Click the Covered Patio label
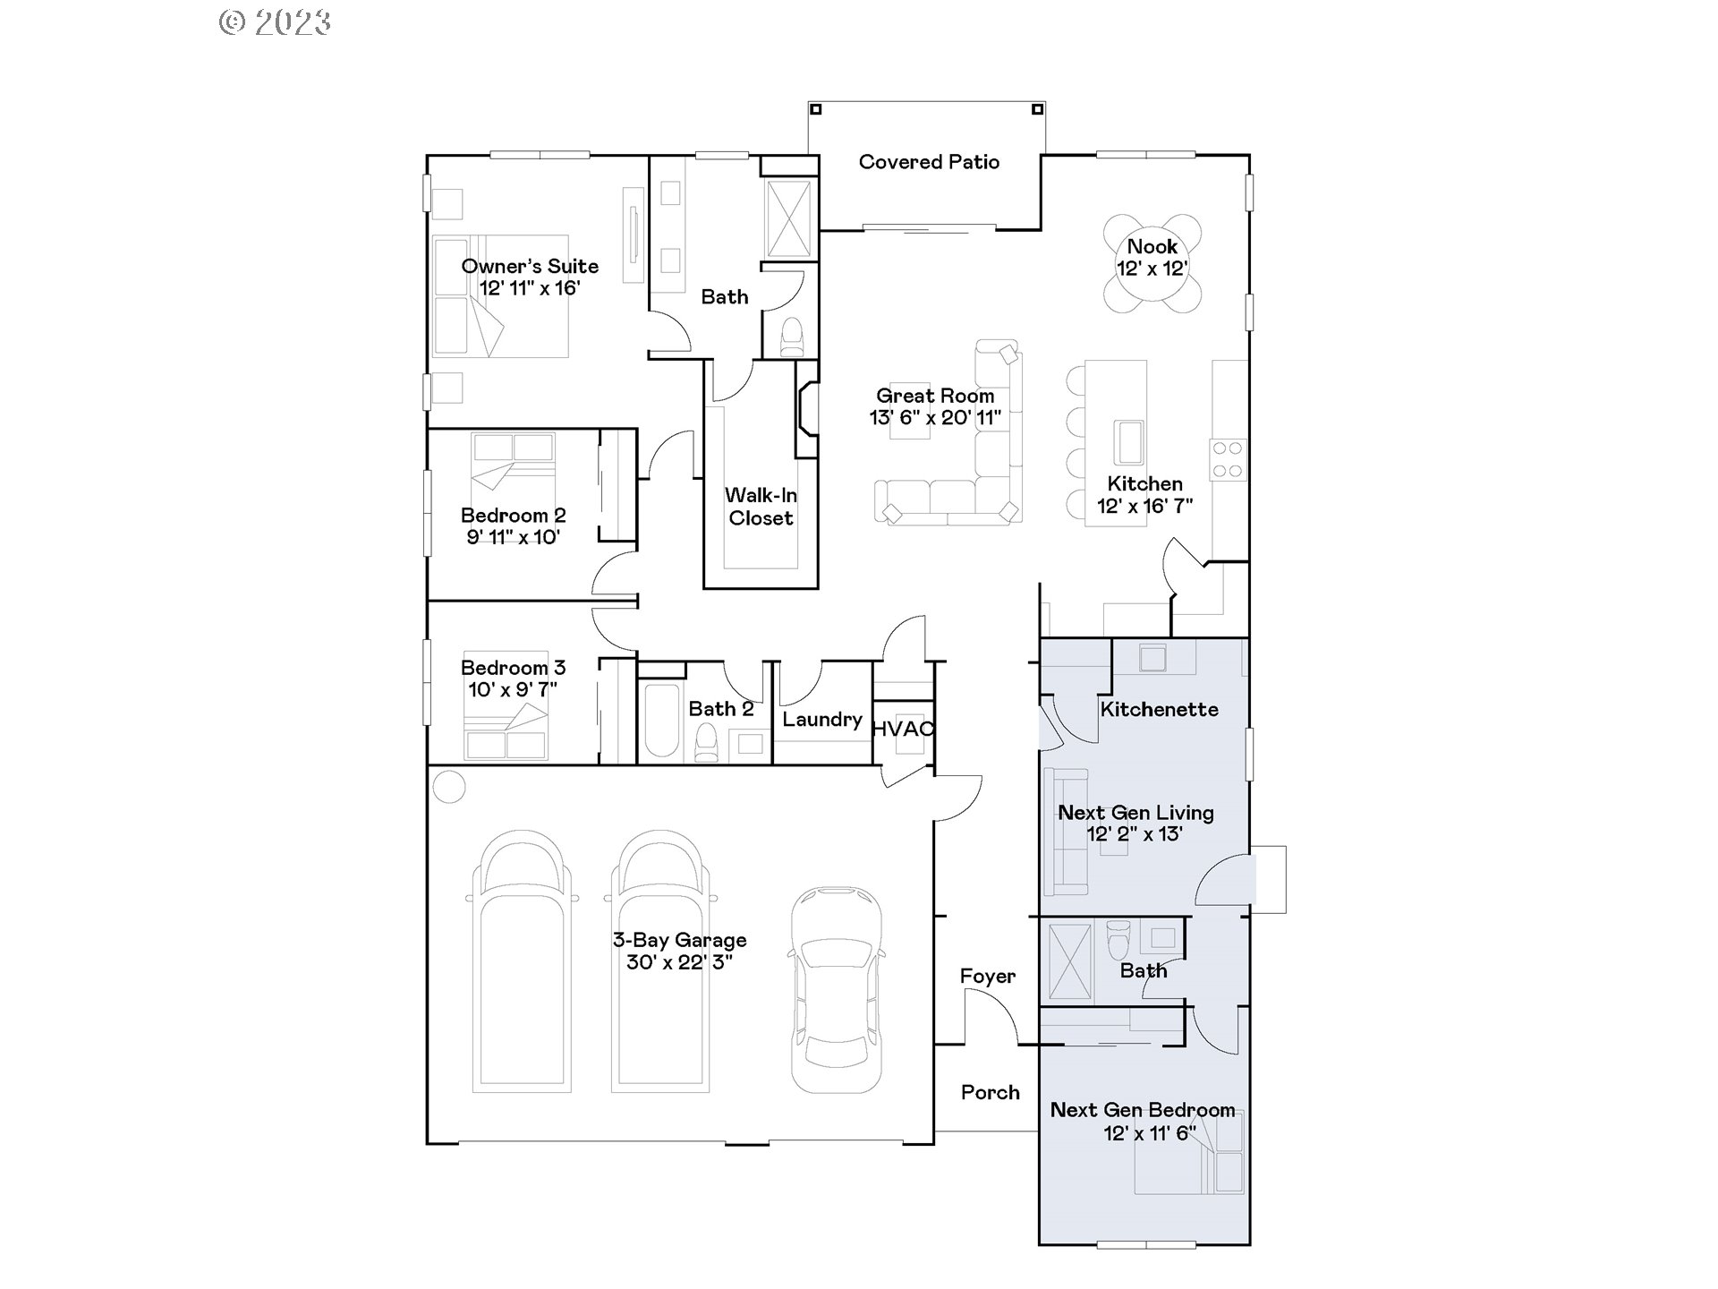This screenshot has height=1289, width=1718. [929, 162]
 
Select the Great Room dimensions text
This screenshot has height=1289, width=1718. [935, 417]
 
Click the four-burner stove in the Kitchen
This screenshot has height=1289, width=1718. [1228, 459]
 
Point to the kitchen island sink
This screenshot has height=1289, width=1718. [1128, 442]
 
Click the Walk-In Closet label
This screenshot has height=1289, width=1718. [761, 507]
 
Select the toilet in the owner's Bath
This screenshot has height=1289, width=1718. [792, 337]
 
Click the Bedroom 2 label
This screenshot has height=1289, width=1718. [513, 516]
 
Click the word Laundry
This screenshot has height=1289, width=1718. [821, 720]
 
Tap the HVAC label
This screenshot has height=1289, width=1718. [903, 729]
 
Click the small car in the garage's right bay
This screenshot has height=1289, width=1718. [836, 989]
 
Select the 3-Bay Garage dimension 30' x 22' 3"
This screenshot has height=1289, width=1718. [679, 962]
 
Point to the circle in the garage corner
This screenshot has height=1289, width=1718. [449, 787]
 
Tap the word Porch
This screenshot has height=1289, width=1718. [990, 1092]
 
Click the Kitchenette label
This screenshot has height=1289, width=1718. [1159, 710]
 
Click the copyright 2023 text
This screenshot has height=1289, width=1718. [276, 21]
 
